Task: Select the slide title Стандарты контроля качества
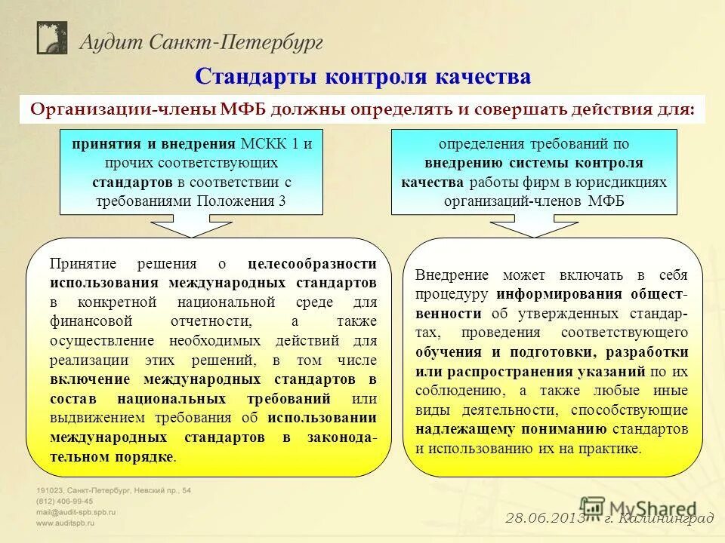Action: coord(362,76)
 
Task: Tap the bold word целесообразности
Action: coord(312,264)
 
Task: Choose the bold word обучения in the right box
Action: coord(447,352)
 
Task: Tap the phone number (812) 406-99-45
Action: coord(65,501)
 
